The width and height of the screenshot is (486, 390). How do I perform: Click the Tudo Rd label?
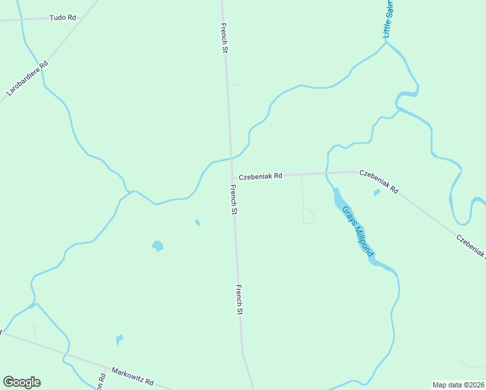(63, 18)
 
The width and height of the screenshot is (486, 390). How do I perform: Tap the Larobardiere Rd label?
(27, 79)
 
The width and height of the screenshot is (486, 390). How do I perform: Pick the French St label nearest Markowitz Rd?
(239, 300)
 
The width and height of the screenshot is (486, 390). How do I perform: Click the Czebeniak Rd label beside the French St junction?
(260, 176)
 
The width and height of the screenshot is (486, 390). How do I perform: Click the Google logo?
(21, 382)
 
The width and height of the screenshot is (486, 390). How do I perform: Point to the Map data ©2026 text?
(458, 385)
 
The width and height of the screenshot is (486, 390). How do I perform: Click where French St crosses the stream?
(231, 157)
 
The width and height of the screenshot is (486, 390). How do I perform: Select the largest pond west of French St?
(157, 246)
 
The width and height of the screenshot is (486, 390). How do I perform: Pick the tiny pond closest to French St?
(198, 223)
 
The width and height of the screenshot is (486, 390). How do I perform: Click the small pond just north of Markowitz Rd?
(119, 339)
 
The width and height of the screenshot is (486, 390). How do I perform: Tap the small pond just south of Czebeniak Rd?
(376, 192)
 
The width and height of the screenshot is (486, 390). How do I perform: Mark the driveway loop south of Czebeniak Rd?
(309, 216)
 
